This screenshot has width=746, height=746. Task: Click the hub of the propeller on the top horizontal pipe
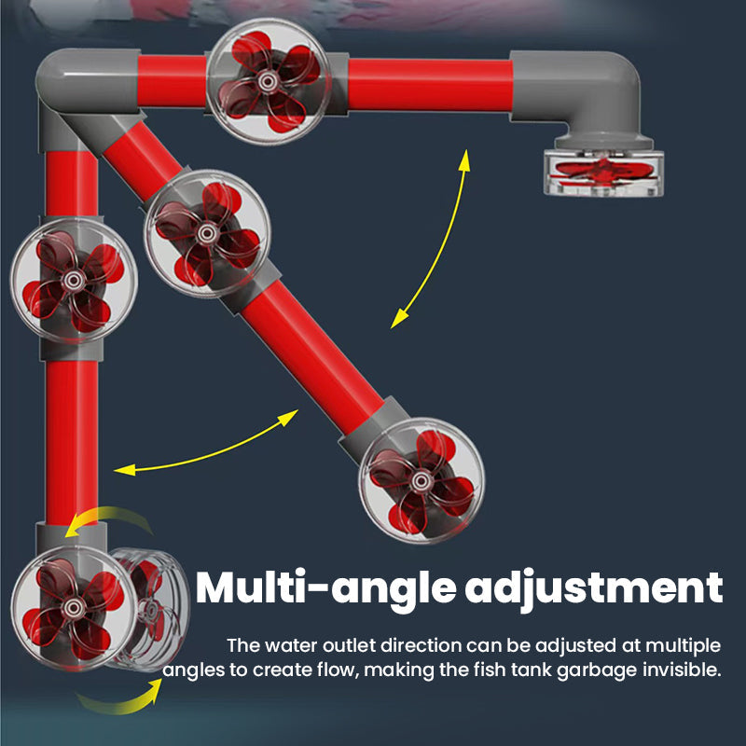(x=268, y=81)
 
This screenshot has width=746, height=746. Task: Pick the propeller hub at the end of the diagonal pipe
(x=421, y=480)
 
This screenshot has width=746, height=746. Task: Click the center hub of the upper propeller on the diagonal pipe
(x=207, y=233)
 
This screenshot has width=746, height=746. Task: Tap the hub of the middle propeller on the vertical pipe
(x=74, y=280)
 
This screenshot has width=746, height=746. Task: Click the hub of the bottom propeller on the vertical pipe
(x=73, y=607)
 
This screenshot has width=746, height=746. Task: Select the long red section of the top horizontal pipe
(x=430, y=85)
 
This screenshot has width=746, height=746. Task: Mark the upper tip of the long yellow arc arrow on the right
(x=466, y=150)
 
